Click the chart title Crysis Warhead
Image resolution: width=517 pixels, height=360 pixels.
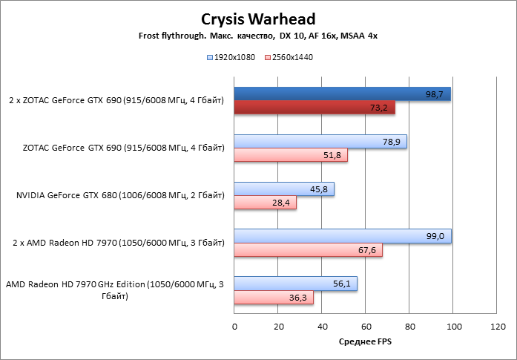(258, 19)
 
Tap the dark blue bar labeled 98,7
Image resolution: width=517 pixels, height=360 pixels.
(342, 94)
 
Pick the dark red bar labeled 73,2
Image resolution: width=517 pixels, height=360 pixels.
(315, 108)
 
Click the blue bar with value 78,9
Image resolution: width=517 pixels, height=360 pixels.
(320, 142)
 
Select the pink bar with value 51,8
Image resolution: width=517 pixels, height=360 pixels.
(291, 156)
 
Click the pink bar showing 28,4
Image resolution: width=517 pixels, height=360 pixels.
(265, 203)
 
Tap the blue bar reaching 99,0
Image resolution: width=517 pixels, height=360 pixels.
(343, 236)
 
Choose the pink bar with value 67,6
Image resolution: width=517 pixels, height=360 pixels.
(308, 250)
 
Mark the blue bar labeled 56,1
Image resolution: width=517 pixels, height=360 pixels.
(295, 284)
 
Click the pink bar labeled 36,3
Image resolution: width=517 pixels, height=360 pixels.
(274, 298)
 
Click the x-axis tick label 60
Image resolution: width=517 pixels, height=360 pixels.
(366, 327)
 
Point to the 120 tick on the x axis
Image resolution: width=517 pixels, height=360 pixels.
(498, 327)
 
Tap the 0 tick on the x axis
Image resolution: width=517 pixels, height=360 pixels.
(234, 327)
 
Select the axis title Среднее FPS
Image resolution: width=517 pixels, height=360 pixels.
(364, 341)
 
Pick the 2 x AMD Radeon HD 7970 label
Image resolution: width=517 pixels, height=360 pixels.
(119, 243)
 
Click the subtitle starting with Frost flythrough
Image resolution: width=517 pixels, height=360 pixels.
(258, 36)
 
